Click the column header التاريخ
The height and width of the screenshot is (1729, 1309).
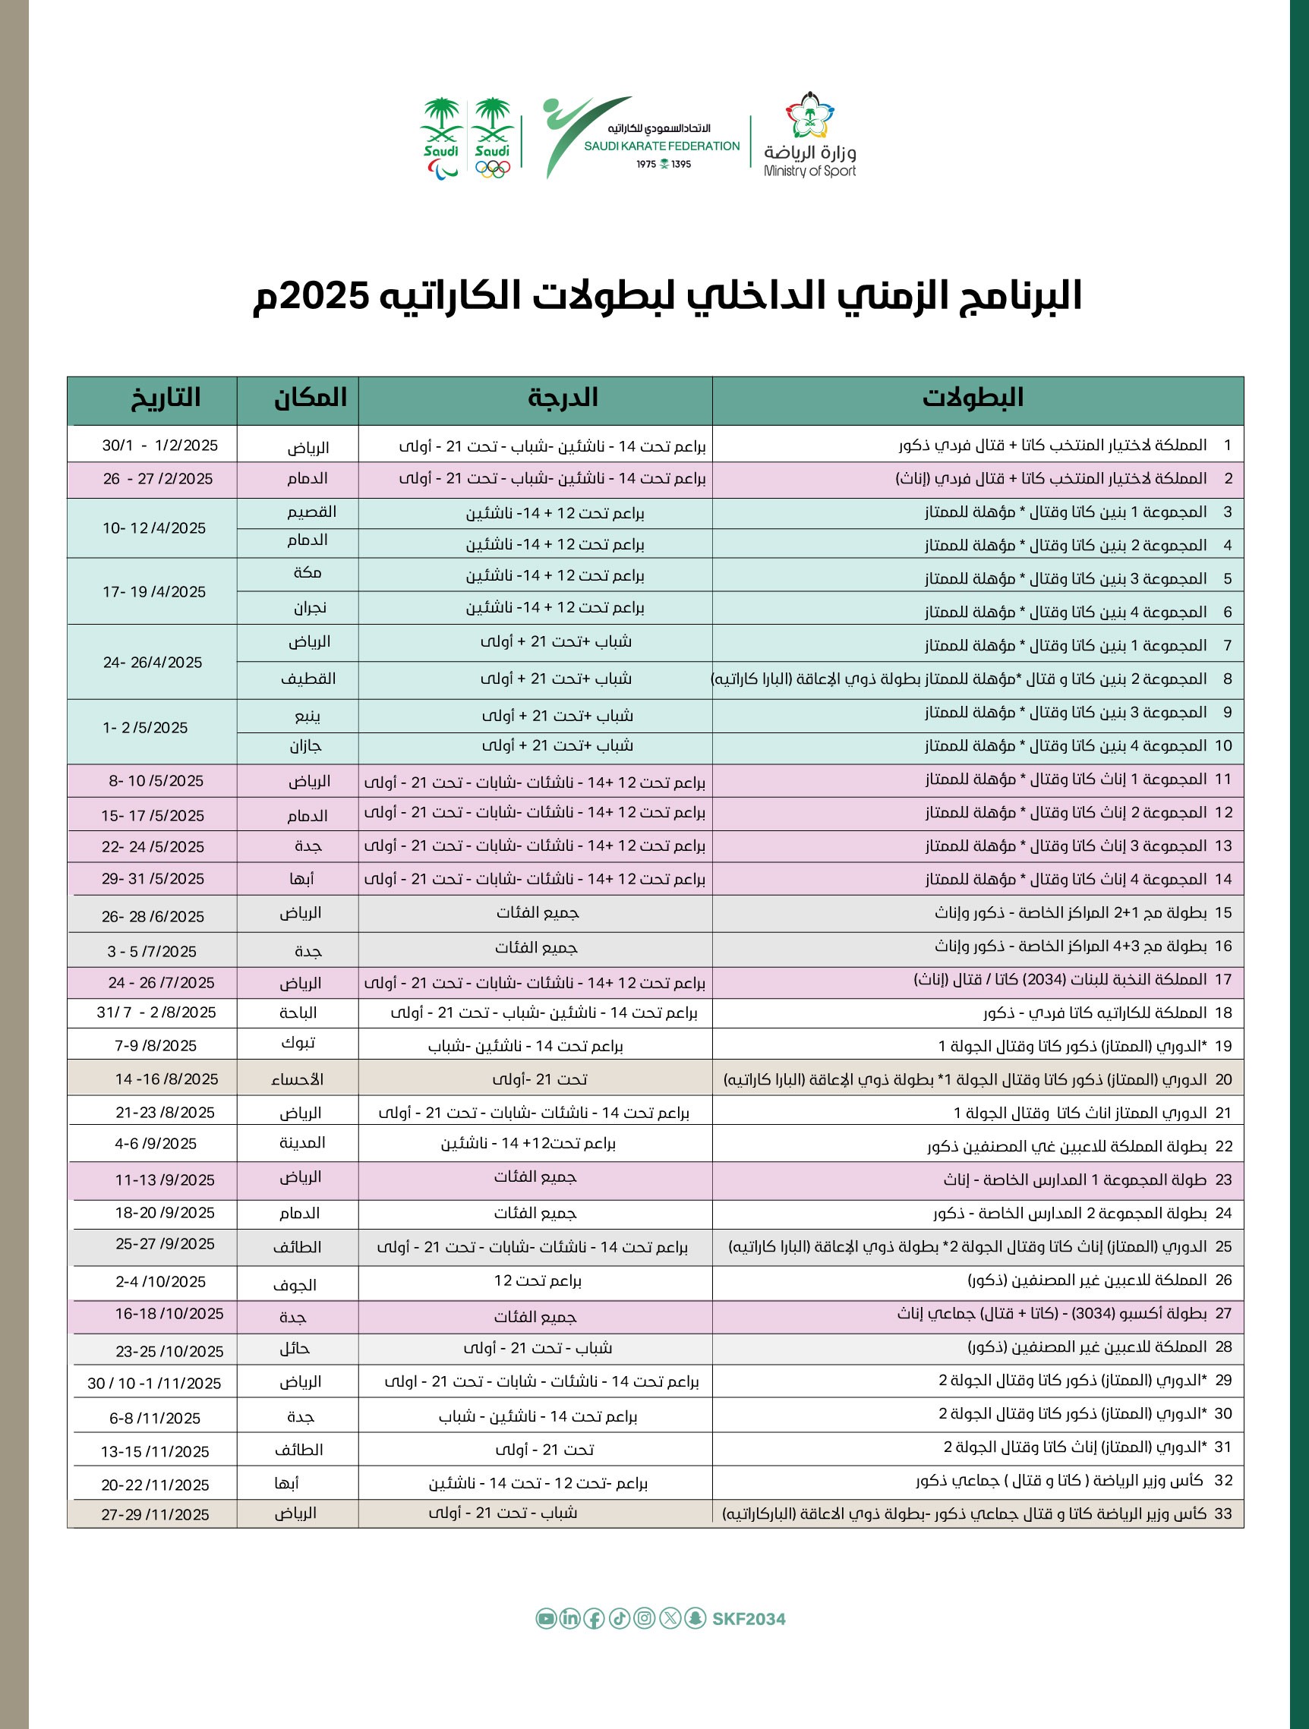click(165, 398)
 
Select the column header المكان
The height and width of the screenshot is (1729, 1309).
click(310, 398)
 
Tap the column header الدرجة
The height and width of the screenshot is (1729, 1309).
click(562, 398)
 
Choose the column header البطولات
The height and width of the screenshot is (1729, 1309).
click(973, 398)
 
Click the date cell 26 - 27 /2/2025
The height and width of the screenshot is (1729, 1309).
click(157, 479)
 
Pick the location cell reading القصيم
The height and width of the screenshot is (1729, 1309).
click(311, 512)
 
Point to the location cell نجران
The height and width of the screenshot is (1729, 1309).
click(310, 607)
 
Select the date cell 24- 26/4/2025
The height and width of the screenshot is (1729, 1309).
click(153, 663)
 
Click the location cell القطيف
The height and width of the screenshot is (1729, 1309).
click(308, 679)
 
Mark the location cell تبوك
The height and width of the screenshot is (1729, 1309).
click(298, 1044)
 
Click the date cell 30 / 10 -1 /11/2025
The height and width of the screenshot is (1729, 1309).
click(154, 1384)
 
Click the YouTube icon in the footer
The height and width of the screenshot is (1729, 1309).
click(545, 1619)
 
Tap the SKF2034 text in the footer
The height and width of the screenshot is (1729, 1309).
click(748, 1619)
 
